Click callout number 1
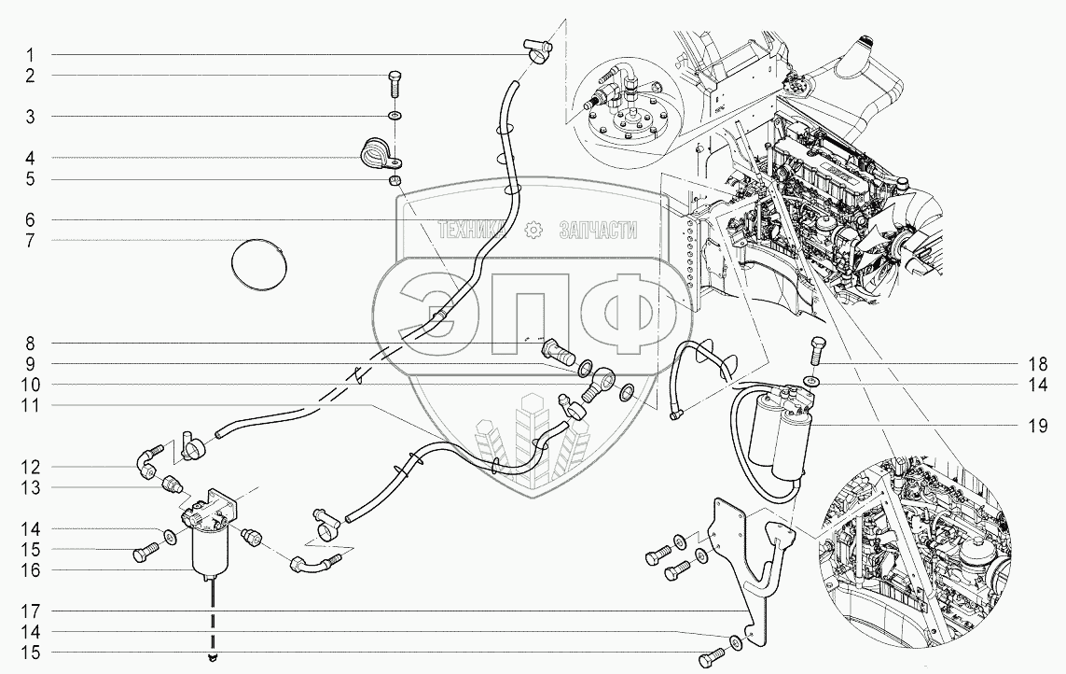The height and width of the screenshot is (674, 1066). coord(30,53)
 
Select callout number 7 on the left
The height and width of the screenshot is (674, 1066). coord(30,241)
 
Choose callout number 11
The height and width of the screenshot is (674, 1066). coord(30,405)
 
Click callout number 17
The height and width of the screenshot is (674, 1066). coord(30,611)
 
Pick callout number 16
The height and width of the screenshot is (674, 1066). coord(30,569)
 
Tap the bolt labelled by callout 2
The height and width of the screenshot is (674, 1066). coord(393,86)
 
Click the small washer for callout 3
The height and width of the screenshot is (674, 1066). coord(395,117)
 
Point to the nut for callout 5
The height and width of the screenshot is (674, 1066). coord(395,179)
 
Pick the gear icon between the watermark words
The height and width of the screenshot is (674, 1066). coord(533,230)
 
